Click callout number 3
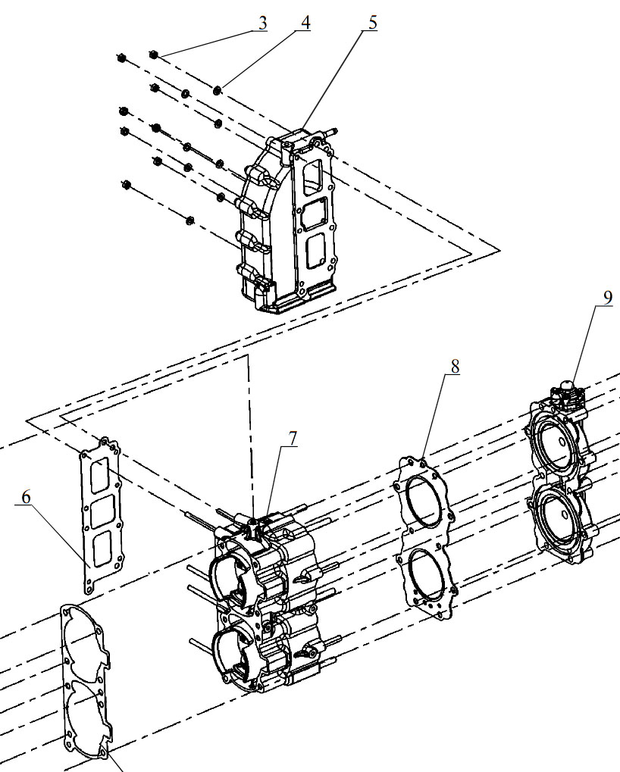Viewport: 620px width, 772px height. click(x=262, y=23)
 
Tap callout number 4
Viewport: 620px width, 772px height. click(x=305, y=23)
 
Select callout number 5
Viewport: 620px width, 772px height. click(x=372, y=23)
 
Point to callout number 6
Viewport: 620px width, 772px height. click(x=26, y=497)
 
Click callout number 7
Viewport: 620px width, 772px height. click(x=293, y=439)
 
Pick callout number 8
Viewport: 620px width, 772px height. click(x=454, y=366)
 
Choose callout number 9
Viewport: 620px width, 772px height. click(x=607, y=298)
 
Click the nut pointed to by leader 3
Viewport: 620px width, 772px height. click(x=154, y=54)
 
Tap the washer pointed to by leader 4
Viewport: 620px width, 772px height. click(x=218, y=90)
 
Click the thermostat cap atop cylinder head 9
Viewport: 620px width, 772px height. click(x=567, y=386)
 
